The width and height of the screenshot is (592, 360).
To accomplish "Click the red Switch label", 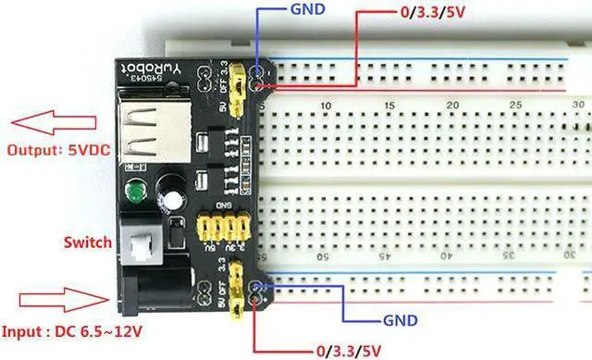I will coord(90,242).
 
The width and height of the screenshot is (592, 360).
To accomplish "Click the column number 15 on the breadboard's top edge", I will coord(389,106).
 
